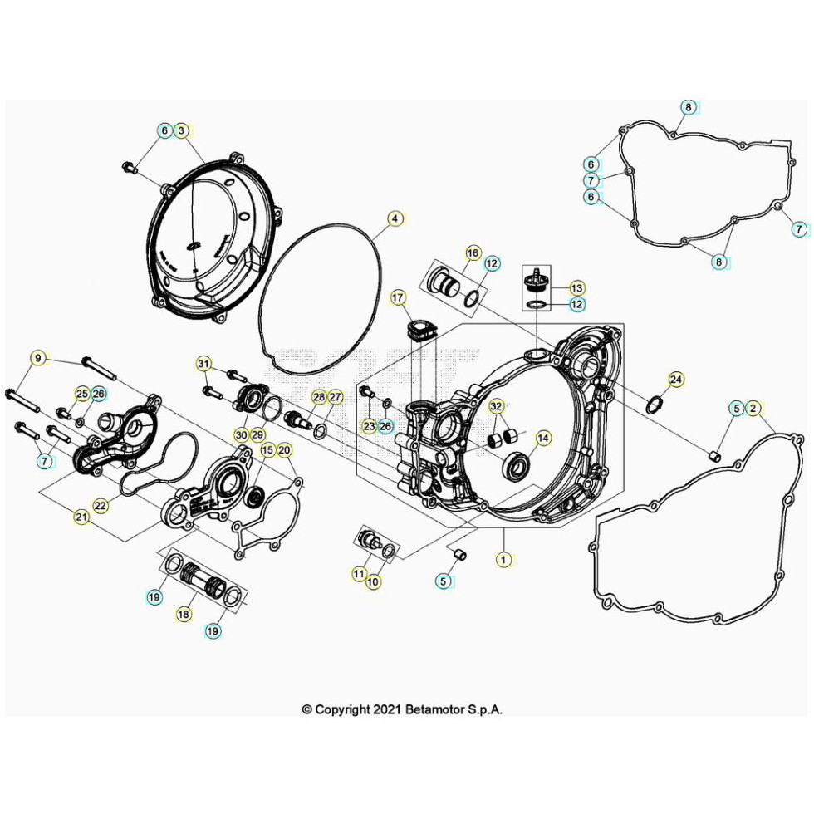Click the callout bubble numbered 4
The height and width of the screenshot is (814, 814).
[396, 219]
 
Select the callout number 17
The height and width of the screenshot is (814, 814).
[397, 297]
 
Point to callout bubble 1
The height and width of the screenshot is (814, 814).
[503, 560]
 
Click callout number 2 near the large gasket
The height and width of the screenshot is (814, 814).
[753, 408]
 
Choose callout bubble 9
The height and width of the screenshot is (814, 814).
[37, 359]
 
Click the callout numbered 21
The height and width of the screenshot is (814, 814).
[81, 517]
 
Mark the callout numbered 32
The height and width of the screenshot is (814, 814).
[496, 407]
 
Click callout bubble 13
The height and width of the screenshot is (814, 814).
[576, 287]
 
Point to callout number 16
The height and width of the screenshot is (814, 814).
[472, 253]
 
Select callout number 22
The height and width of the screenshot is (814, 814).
[101, 504]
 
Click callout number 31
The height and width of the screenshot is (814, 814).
[203, 363]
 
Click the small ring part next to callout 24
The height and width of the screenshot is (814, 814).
[655, 405]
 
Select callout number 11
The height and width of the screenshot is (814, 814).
[359, 573]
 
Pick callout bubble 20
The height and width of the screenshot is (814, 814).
[284, 450]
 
